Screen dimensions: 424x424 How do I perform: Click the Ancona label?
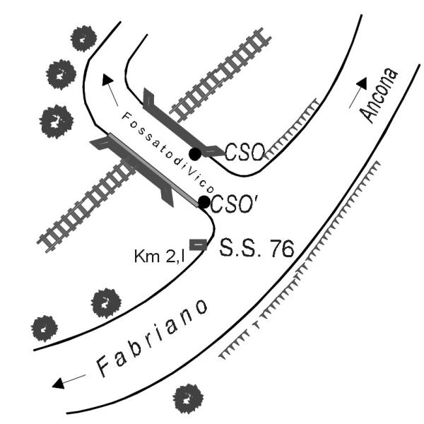[379, 95]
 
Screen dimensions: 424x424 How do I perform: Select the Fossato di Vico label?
[168, 153]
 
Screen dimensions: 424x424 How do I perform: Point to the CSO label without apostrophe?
[245, 152]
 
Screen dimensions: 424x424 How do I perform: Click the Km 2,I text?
[160, 256]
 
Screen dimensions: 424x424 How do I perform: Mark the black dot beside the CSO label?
[195, 154]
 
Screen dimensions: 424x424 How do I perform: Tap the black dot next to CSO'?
[204, 201]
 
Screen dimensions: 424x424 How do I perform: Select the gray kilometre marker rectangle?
[198, 245]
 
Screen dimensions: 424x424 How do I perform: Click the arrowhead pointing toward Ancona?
[363, 83]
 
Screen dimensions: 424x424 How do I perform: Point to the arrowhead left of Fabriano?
[59, 383]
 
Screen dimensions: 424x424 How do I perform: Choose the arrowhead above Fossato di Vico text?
[107, 79]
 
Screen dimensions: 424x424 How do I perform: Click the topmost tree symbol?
[83, 39]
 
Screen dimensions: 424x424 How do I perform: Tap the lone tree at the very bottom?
[188, 399]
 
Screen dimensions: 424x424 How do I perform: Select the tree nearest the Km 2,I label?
[106, 303]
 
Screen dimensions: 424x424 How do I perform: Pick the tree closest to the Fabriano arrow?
[45, 329]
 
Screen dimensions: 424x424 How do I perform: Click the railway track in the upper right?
[220, 75]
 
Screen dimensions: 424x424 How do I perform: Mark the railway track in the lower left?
[86, 206]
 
